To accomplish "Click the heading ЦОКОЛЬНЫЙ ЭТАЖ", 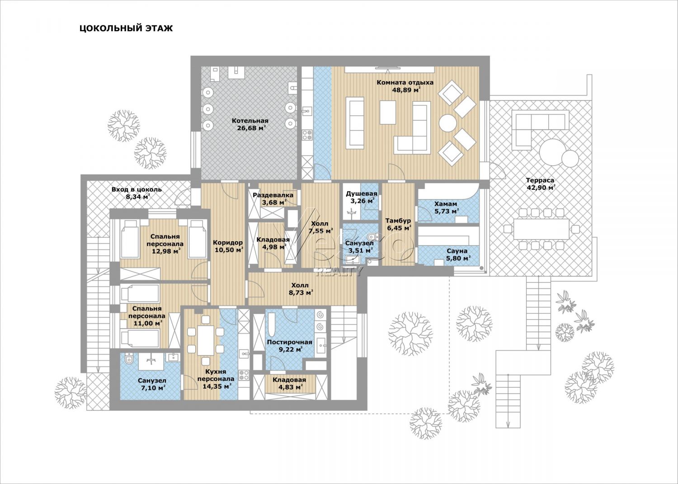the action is coord(126,28).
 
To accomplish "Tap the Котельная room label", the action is coord(250,121).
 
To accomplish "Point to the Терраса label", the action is coord(540,180).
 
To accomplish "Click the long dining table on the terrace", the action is coord(541,229).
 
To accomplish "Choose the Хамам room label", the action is coord(446,204).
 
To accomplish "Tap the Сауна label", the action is coord(457,251).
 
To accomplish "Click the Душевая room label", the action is coord(362,194).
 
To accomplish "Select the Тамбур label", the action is coord(398,221).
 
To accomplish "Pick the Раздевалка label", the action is coord(273,195).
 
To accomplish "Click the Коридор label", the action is coord(228,243).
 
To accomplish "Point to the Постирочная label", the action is coord(289,342).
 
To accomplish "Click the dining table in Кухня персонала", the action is coord(206,340).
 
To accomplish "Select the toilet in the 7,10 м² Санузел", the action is coord(129,358).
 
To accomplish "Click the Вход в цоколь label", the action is coord(137,190).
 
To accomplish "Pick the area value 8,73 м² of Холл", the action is coord(300,293).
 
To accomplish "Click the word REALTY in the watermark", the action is coord(339,272).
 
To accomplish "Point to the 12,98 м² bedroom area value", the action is coord(166,251).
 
